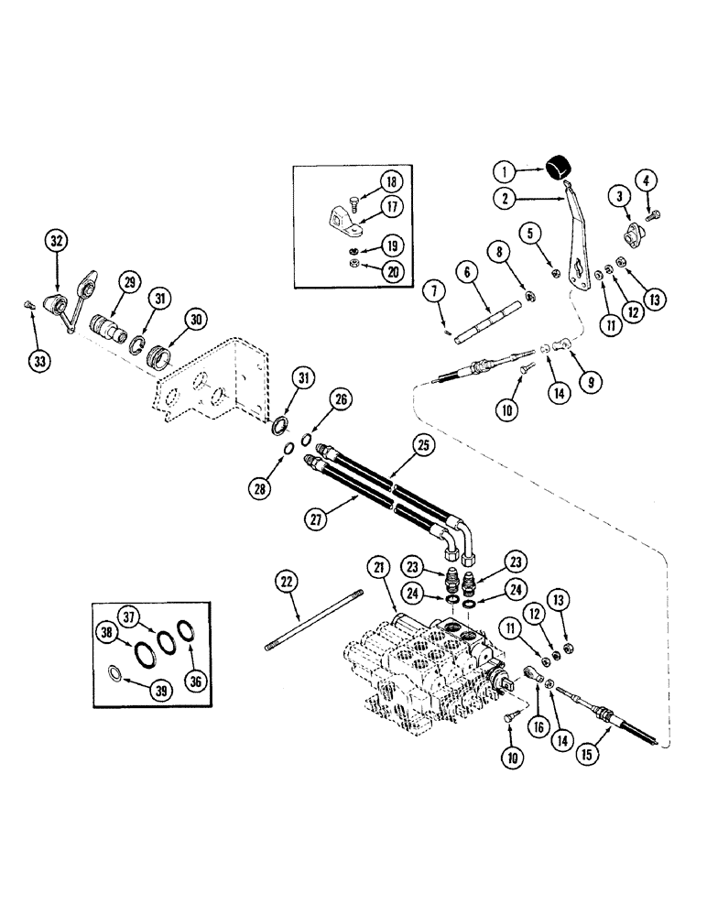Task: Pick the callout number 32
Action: [x=57, y=241]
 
